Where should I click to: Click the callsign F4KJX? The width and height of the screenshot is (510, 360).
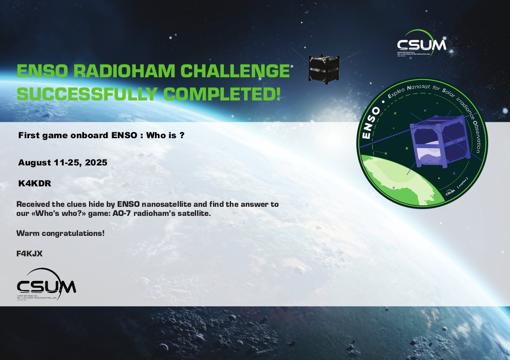[30, 254]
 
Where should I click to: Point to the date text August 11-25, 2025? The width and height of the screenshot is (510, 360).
[63, 162]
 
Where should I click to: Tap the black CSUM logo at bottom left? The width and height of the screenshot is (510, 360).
[46, 286]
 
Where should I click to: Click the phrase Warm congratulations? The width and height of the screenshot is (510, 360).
[60, 234]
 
